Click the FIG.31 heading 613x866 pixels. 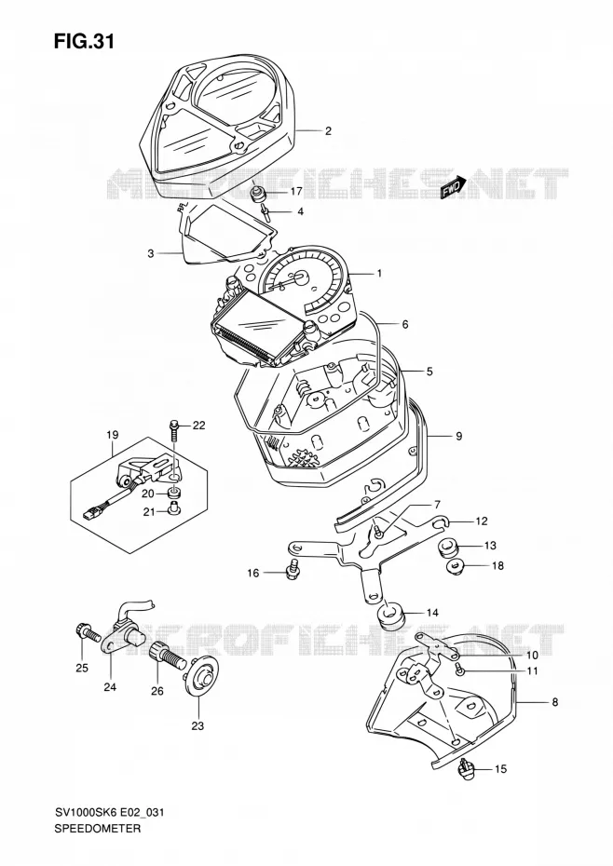pyautogui.click(x=84, y=41)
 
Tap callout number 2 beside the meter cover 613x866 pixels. pyautogui.click(x=328, y=131)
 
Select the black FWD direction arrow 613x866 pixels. pyautogui.click(x=451, y=191)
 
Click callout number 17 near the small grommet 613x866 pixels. pyautogui.click(x=297, y=191)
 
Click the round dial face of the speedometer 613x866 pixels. pyautogui.click(x=301, y=280)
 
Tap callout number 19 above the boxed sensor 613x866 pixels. pyautogui.click(x=112, y=435)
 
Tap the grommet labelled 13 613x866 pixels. pyautogui.click(x=448, y=549)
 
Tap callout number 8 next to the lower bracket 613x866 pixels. pyautogui.click(x=555, y=702)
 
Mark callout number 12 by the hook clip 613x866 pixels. pyautogui.click(x=482, y=521)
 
